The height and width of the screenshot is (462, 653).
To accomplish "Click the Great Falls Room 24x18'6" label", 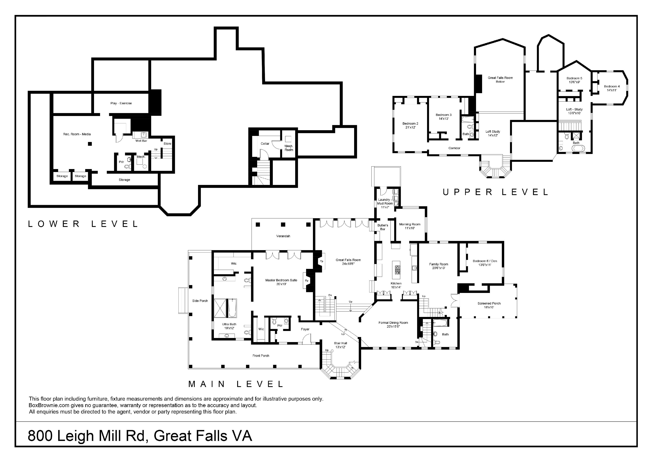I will coord(348,262).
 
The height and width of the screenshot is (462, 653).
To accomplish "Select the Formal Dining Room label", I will coord(393,325).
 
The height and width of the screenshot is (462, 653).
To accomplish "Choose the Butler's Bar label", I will coord(383,227).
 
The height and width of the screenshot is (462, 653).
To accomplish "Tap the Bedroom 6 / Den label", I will coord(485,263).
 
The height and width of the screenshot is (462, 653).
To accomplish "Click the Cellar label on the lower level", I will coord(265,144).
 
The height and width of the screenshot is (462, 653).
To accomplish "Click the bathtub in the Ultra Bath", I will coord(232,308).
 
